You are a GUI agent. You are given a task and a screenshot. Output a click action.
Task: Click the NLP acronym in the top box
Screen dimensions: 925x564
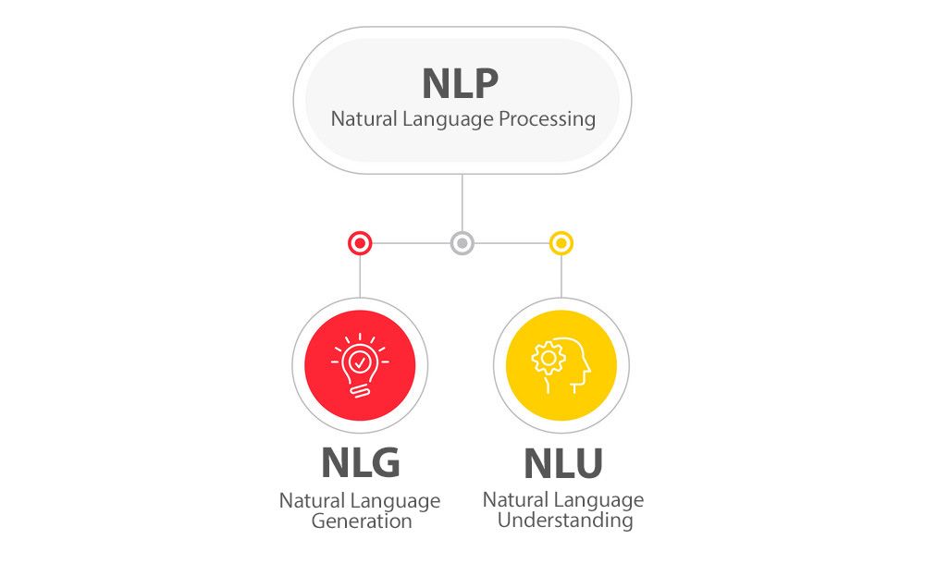pyautogui.click(x=460, y=83)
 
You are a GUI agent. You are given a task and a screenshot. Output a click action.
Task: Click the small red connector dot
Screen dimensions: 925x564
pyautogui.click(x=360, y=244)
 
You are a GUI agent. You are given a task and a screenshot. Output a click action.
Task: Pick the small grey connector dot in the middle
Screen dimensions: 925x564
pyautogui.click(x=462, y=244)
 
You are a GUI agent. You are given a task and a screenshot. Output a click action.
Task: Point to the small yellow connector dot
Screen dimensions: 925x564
pyautogui.click(x=561, y=244)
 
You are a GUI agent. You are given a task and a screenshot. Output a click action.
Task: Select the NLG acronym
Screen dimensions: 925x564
pyautogui.click(x=360, y=463)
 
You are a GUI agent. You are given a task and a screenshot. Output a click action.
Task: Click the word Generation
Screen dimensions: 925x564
pyautogui.click(x=361, y=521)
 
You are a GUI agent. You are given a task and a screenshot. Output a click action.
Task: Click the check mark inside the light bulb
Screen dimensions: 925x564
pyautogui.click(x=359, y=359)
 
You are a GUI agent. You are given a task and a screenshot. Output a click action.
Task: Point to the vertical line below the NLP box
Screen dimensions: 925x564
pyautogui.click(x=462, y=203)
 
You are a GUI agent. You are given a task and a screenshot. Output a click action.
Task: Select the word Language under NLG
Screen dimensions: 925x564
pyautogui.click(x=395, y=501)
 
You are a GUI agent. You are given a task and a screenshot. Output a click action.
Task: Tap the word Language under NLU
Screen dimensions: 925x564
pyautogui.click(x=598, y=500)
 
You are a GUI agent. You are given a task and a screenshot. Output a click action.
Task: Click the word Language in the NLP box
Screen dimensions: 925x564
pyautogui.click(x=448, y=119)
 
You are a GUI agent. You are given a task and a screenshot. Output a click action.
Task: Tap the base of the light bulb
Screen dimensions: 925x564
pyautogui.click(x=359, y=388)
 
